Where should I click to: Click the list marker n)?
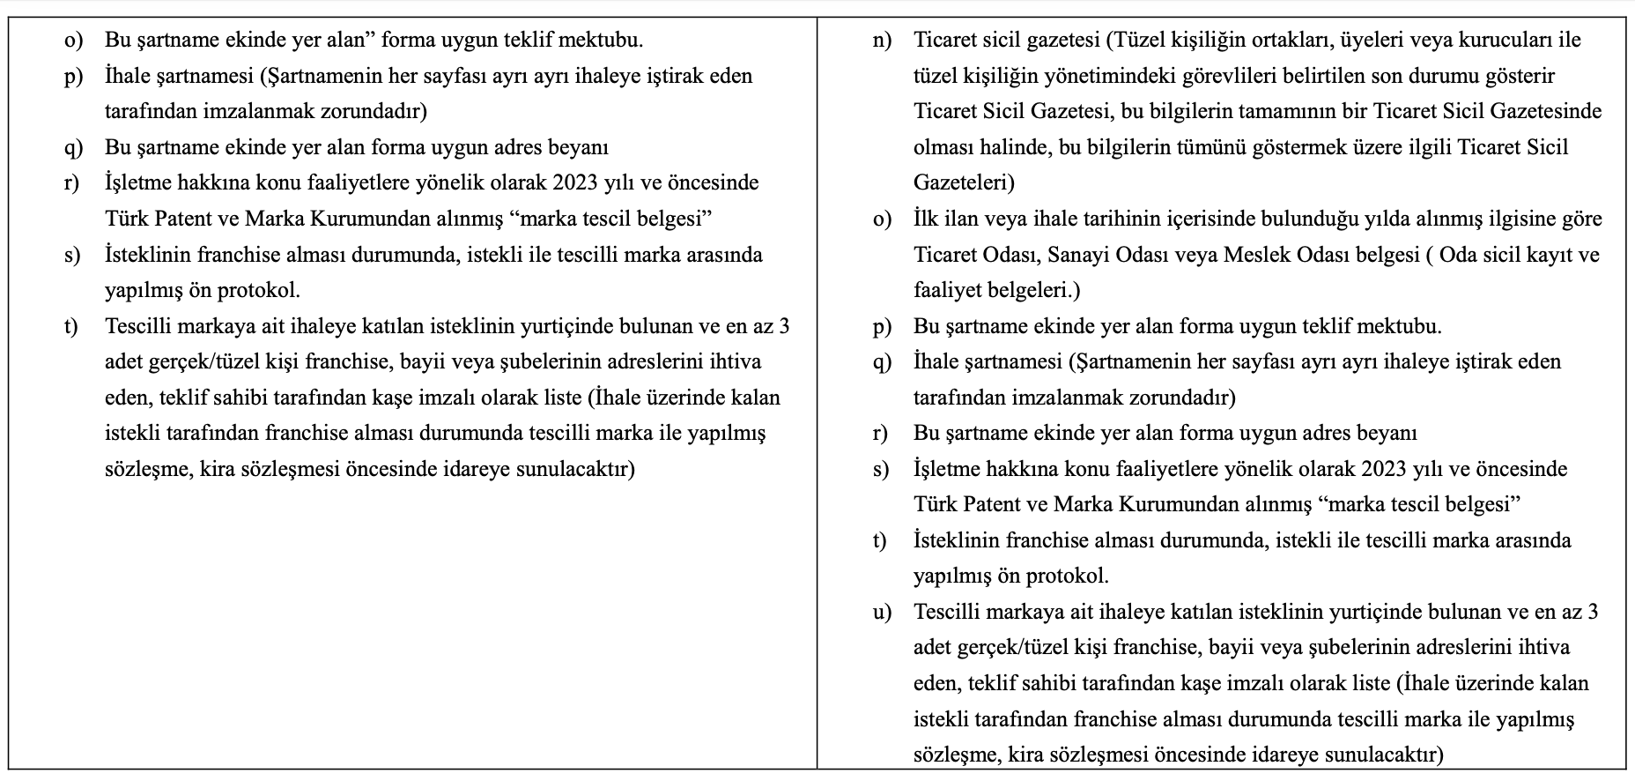tap(881, 41)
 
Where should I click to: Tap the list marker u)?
tap(881, 612)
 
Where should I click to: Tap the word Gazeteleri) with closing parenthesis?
tap(964, 182)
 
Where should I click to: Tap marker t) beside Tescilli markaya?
tap(71, 326)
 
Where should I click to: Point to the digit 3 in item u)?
tap(1592, 612)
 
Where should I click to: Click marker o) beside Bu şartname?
tap(72, 41)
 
